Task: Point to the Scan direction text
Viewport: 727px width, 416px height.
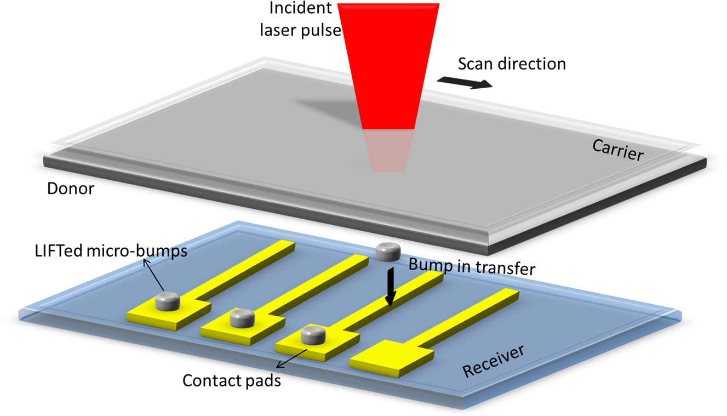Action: [512, 64]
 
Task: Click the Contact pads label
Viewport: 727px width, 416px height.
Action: [232, 380]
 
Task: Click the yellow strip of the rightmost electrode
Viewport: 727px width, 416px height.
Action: [471, 316]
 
